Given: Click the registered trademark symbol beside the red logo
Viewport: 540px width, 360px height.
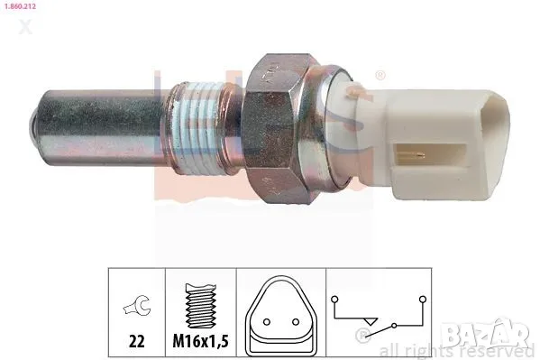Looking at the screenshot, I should [x=380, y=76].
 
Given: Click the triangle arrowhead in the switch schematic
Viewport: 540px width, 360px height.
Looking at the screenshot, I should [x=367, y=318].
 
